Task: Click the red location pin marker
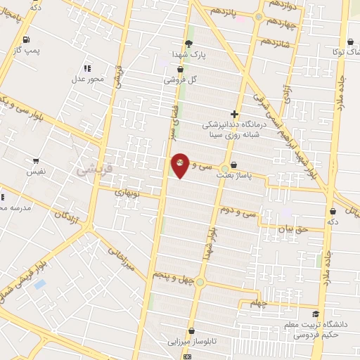pyautogui.click(x=180, y=165)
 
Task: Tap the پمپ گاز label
pyautogui.click(x=27, y=51)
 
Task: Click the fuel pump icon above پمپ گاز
pyautogui.click(x=26, y=39)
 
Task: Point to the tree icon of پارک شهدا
pyautogui.click(x=188, y=43)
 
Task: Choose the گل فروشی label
pyautogui.click(x=180, y=79)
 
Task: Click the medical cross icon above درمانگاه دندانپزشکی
pyautogui.click(x=235, y=114)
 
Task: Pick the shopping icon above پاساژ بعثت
pyautogui.click(x=233, y=165)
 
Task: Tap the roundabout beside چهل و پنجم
pyautogui.click(x=200, y=283)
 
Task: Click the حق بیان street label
pyautogui.click(x=293, y=229)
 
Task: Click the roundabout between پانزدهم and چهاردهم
pyautogui.click(x=259, y=16)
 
